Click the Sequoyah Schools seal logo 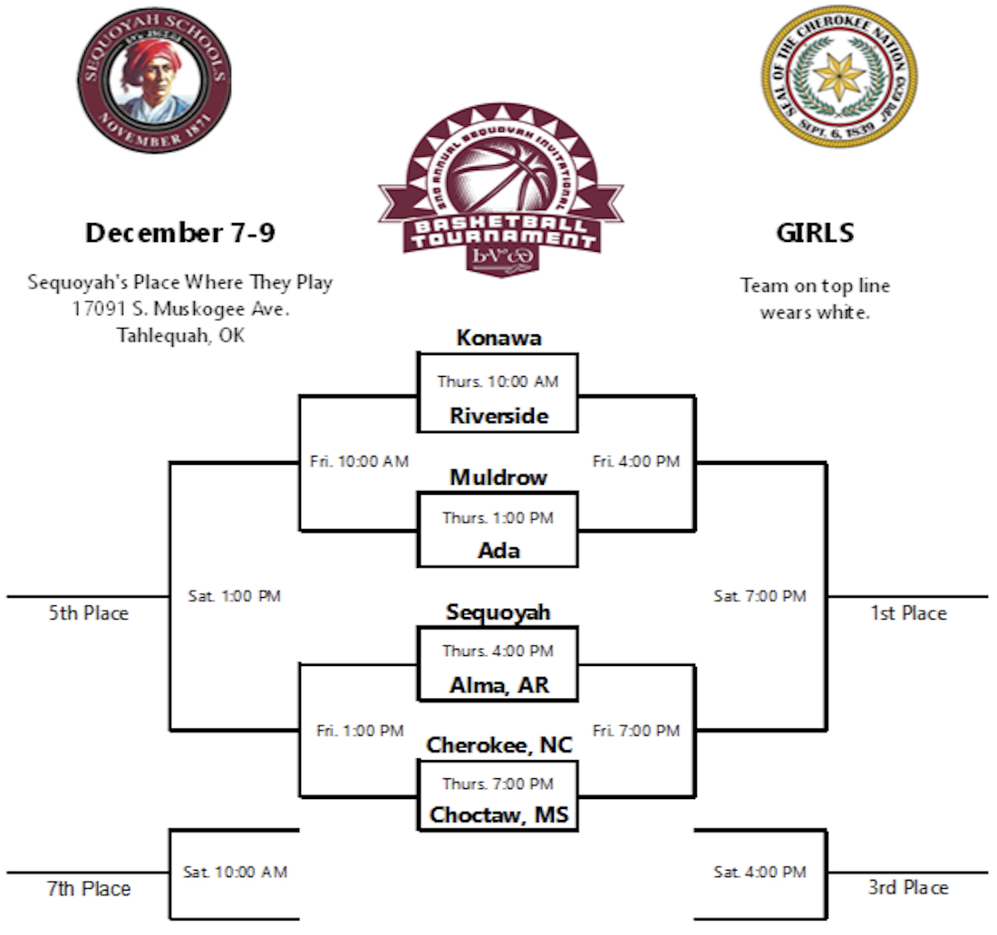(x=152, y=81)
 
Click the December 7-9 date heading (x=180, y=233)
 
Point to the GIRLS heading (x=815, y=233)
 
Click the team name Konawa (x=498, y=338)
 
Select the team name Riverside (x=498, y=416)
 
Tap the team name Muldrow (x=498, y=477)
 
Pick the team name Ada (x=498, y=550)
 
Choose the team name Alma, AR (x=498, y=685)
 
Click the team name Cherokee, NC (x=499, y=745)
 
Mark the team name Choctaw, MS (x=499, y=815)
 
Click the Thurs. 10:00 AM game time (x=498, y=381)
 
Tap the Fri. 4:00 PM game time (x=636, y=461)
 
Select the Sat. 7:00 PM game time (x=760, y=596)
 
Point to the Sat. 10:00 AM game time (x=235, y=872)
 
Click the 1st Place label (x=908, y=613)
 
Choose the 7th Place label (x=89, y=889)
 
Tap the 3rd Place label (x=908, y=888)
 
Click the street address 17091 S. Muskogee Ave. (x=180, y=309)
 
